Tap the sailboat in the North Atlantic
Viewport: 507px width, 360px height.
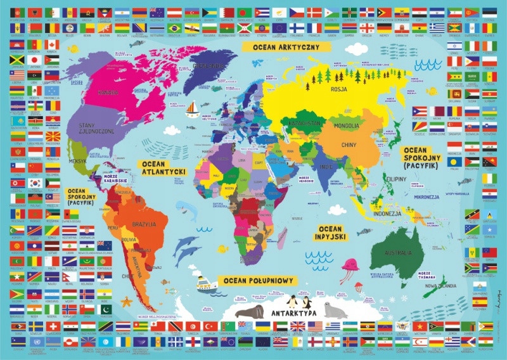(x=191, y=111)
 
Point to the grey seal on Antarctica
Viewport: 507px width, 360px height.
(x=335, y=311)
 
